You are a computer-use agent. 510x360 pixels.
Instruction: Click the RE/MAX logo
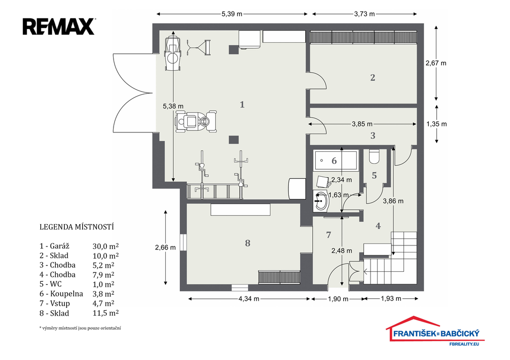(59, 26)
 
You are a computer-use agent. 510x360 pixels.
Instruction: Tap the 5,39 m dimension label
(232, 14)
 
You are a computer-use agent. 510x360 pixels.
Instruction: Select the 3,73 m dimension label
(364, 14)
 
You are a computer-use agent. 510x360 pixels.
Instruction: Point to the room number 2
(373, 78)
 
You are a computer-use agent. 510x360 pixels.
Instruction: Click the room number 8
(248, 243)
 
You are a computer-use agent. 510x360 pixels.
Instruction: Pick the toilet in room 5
(374, 156)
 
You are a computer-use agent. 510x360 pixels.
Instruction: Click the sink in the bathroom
(321, 201)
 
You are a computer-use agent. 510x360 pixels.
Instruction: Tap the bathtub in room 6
(336, 160)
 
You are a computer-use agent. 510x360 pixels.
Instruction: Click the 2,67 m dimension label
(436, 63)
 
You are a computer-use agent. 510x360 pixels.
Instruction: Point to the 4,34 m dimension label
(249, 299)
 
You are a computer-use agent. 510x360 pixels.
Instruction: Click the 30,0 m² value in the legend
(106, 246)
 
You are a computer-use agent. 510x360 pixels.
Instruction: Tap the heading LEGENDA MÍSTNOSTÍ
(77, 227)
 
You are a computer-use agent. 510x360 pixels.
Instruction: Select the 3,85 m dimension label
(362, 124)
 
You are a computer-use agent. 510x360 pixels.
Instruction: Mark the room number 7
(329, 235)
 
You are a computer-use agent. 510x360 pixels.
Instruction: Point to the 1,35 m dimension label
(436, 124)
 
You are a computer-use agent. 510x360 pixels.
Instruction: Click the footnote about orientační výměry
(80, 328)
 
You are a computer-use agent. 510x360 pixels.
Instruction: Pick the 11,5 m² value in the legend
(106, 313)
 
